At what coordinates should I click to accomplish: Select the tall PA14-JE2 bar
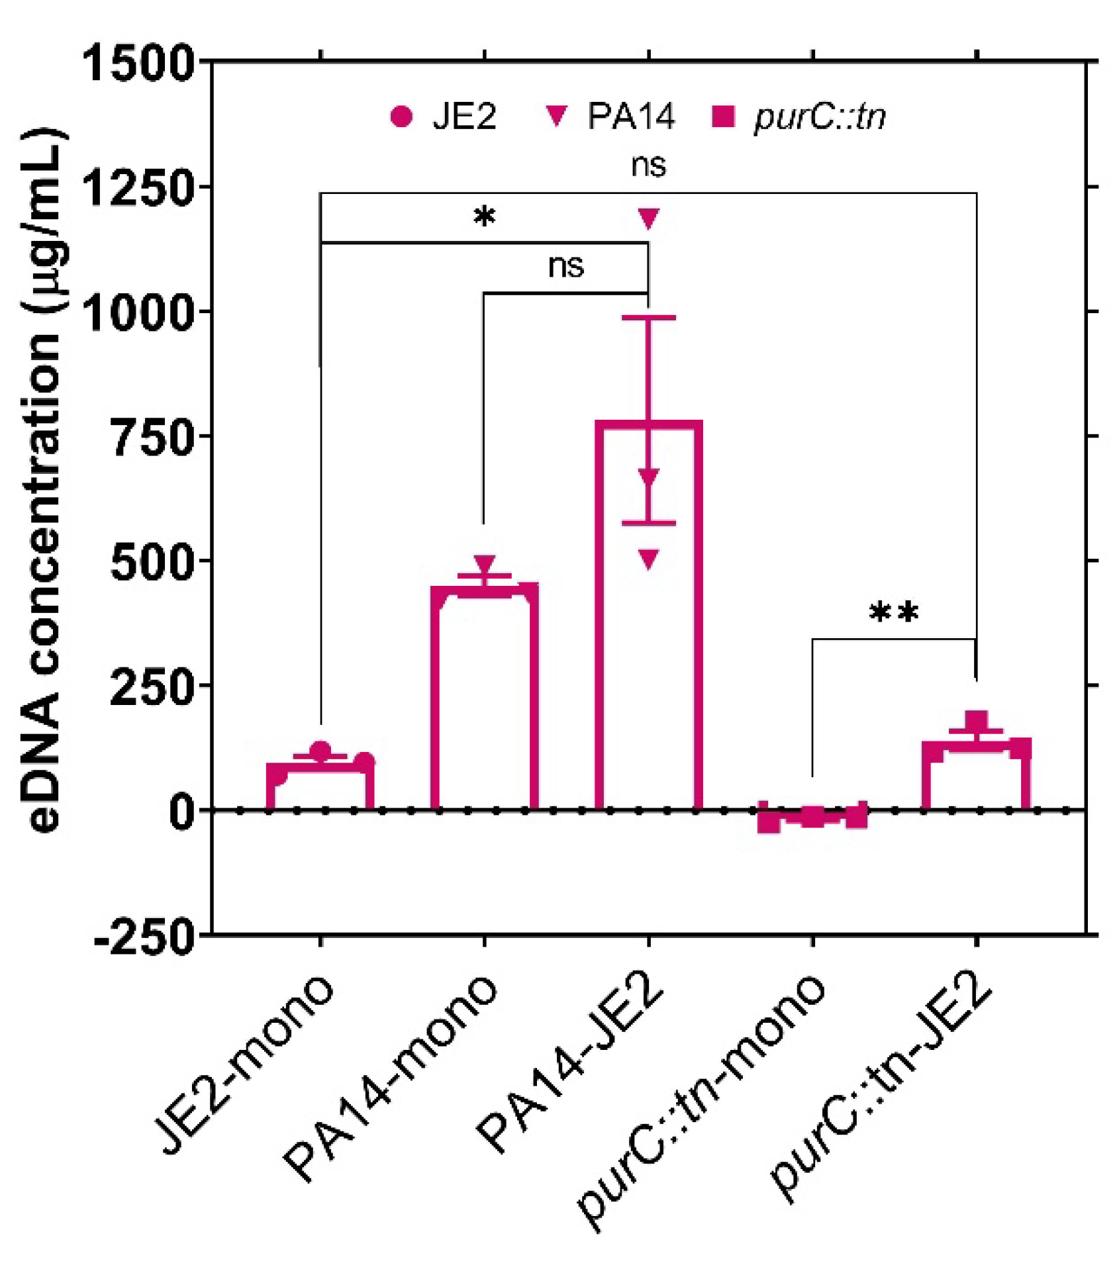click(x=648, y=616)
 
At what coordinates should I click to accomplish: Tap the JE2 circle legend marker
click(x=401, y=117)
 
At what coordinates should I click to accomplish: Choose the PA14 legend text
click(x=630, y=117)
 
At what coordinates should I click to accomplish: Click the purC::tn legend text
click(x=819, y=118)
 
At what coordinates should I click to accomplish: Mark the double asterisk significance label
click(x=893, y=612)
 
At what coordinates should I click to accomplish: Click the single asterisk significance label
click(x=485, y=218)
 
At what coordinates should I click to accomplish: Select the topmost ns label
click(x=648, y=165)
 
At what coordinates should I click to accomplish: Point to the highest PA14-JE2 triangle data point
click(x=648, y=218)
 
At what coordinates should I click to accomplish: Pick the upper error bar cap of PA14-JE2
click(x=648, y=318)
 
